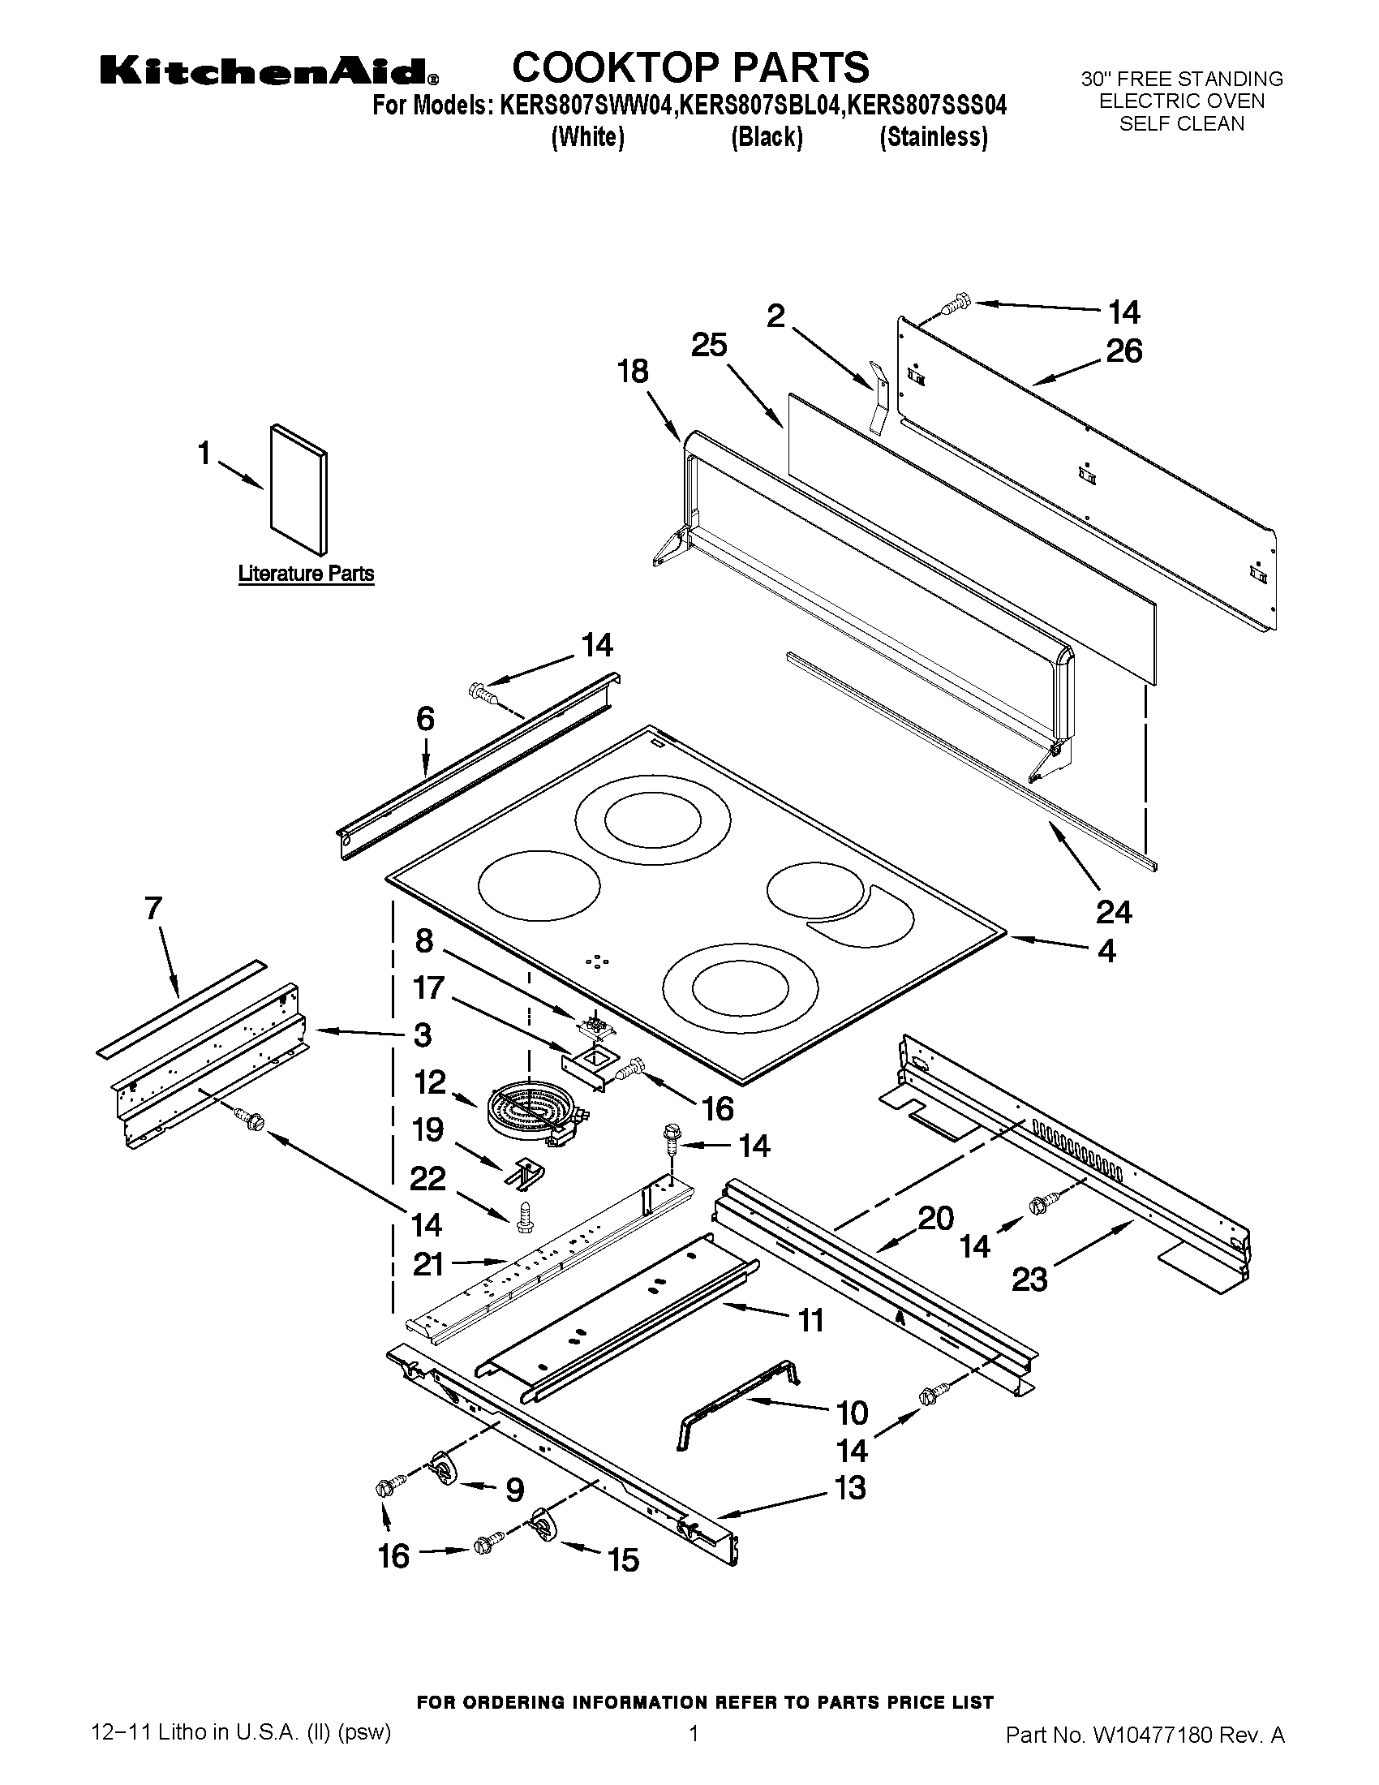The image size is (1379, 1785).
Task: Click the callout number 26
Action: (1123, 351)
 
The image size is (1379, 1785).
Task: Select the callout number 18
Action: (633, 372)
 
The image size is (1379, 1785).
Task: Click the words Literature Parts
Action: (307, 574)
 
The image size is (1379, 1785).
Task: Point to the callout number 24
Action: (1114, 912)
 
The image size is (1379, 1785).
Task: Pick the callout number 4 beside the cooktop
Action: (1106, 952)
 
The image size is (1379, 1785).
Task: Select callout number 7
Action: (153, 909)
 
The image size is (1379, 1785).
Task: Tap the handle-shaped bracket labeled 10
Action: (735, 1404)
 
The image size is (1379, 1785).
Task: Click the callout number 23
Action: (1029, 1279)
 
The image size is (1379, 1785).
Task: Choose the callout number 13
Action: (850, 1487)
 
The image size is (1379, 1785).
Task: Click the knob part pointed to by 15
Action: (543, 1525)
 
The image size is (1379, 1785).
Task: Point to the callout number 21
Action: (428, 1264)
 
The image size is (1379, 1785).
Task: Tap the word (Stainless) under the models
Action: (933, 137)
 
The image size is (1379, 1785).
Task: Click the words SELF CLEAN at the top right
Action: (1181, 124)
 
